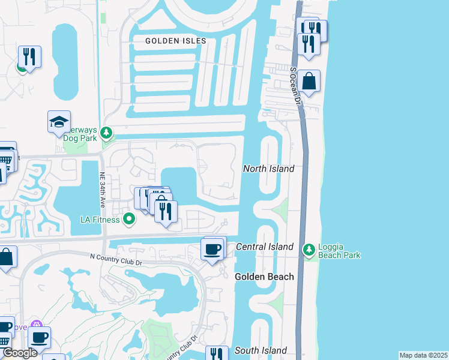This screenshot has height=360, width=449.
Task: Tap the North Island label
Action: (268, 169)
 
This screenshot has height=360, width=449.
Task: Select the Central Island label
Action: (265, 247)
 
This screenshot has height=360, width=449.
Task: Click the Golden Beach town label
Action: (264, 277)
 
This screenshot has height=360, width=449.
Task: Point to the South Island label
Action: (261, 350)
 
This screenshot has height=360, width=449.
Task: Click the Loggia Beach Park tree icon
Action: (309, 249)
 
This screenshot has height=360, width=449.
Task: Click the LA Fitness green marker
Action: (128, 219)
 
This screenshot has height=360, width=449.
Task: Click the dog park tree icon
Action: (106, 132)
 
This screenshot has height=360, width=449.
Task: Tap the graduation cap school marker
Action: (59, 122)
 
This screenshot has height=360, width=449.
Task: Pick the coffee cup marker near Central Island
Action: (212, 249)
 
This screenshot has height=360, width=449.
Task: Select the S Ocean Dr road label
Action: (294, 86)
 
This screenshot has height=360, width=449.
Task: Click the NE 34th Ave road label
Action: (103, 191)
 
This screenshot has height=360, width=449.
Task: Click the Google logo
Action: (20, 353)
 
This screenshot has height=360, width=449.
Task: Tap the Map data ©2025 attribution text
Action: (423, 355)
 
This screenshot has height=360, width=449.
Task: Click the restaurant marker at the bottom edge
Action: (217, 354)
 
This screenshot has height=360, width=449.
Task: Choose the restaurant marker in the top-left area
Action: (29, 57)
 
